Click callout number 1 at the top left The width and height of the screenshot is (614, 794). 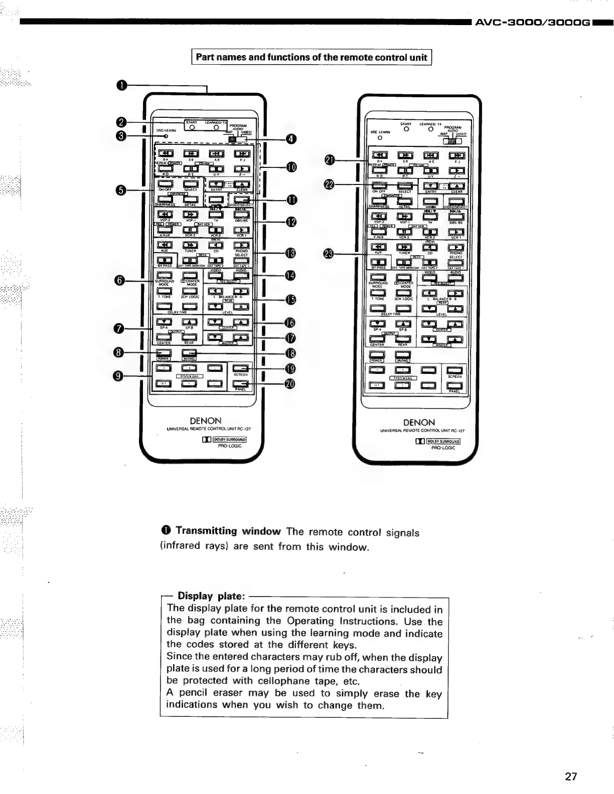click(121, 86)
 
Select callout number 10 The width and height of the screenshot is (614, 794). click(291, 167)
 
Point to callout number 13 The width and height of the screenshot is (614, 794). click(290, 253)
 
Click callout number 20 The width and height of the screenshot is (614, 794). click(290, 384)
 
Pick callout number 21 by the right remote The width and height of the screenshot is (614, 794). click(330, 160)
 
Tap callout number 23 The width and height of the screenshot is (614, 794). click(329, 254)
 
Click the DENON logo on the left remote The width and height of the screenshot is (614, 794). click(206, 421)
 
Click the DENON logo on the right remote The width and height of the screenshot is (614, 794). click(419, 423)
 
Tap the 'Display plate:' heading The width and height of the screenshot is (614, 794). click(211, 596)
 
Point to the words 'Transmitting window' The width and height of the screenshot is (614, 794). click(228, 531)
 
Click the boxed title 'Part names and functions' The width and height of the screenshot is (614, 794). click(312, 57)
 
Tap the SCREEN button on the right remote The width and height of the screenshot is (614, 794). click(454, 370)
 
